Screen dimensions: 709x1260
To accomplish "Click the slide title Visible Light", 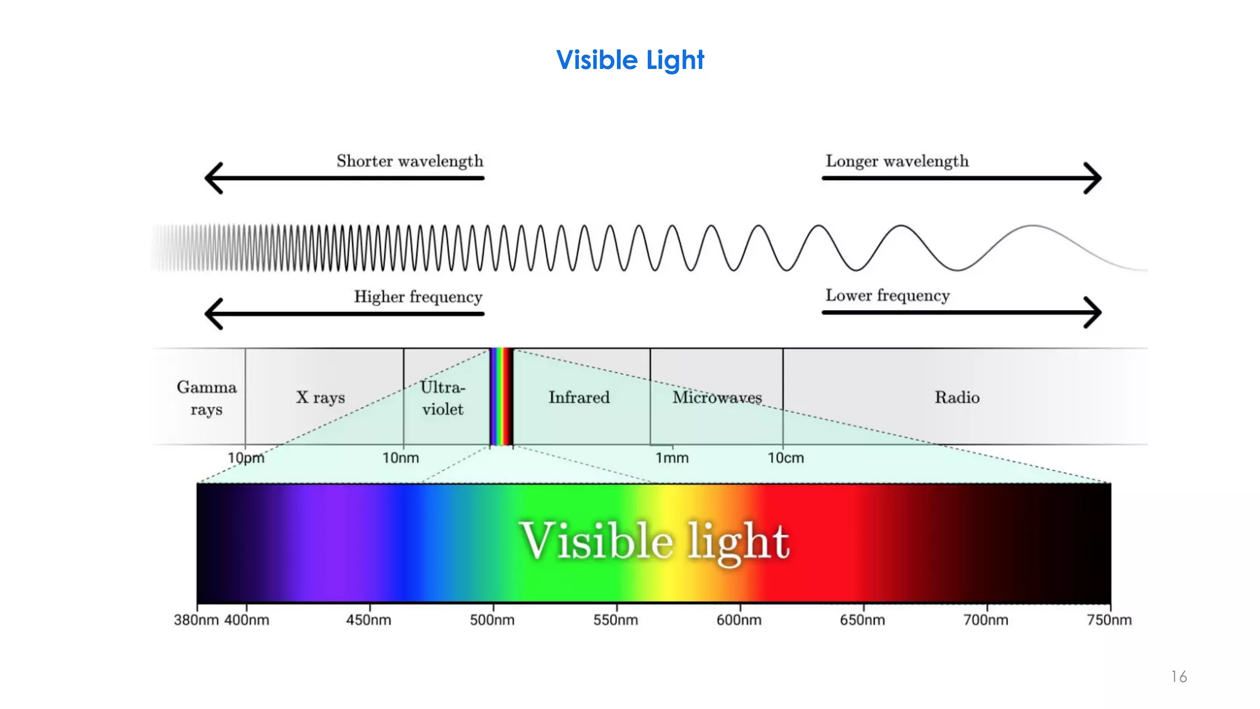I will tap(630, 60).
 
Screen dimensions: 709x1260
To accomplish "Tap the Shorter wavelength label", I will tap(410, 161).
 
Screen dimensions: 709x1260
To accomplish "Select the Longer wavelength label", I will tap(897, 161).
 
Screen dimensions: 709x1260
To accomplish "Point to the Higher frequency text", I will tap(418, 297).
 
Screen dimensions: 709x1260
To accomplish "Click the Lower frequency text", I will tap(887, 296).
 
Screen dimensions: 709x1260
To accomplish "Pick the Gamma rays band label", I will tap(206, 398).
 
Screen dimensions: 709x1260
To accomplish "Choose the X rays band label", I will tap(321, 398).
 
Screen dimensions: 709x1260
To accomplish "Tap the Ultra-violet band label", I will tap(442, 398).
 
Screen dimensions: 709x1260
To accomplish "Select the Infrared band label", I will tap(579, 398).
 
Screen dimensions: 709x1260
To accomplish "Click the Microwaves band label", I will tap(717, 398).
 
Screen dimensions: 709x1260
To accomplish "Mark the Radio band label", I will tap(957, 398).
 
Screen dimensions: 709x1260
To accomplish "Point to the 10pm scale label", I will tap(245, 458).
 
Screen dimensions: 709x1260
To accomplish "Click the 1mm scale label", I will tap(672, 458).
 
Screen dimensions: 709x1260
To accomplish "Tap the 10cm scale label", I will tap(786, 458).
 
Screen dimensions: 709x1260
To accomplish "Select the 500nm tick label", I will tap(492, 620).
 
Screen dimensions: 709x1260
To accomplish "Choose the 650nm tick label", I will tap(862, 620).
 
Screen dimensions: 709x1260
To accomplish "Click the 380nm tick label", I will tap(196, 620).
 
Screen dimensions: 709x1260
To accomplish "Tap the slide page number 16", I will tap(1179, 677).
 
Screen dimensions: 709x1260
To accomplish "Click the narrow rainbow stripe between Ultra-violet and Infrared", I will tap(501, 397).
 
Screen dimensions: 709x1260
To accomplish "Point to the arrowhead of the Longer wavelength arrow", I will tap(1094, 178).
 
